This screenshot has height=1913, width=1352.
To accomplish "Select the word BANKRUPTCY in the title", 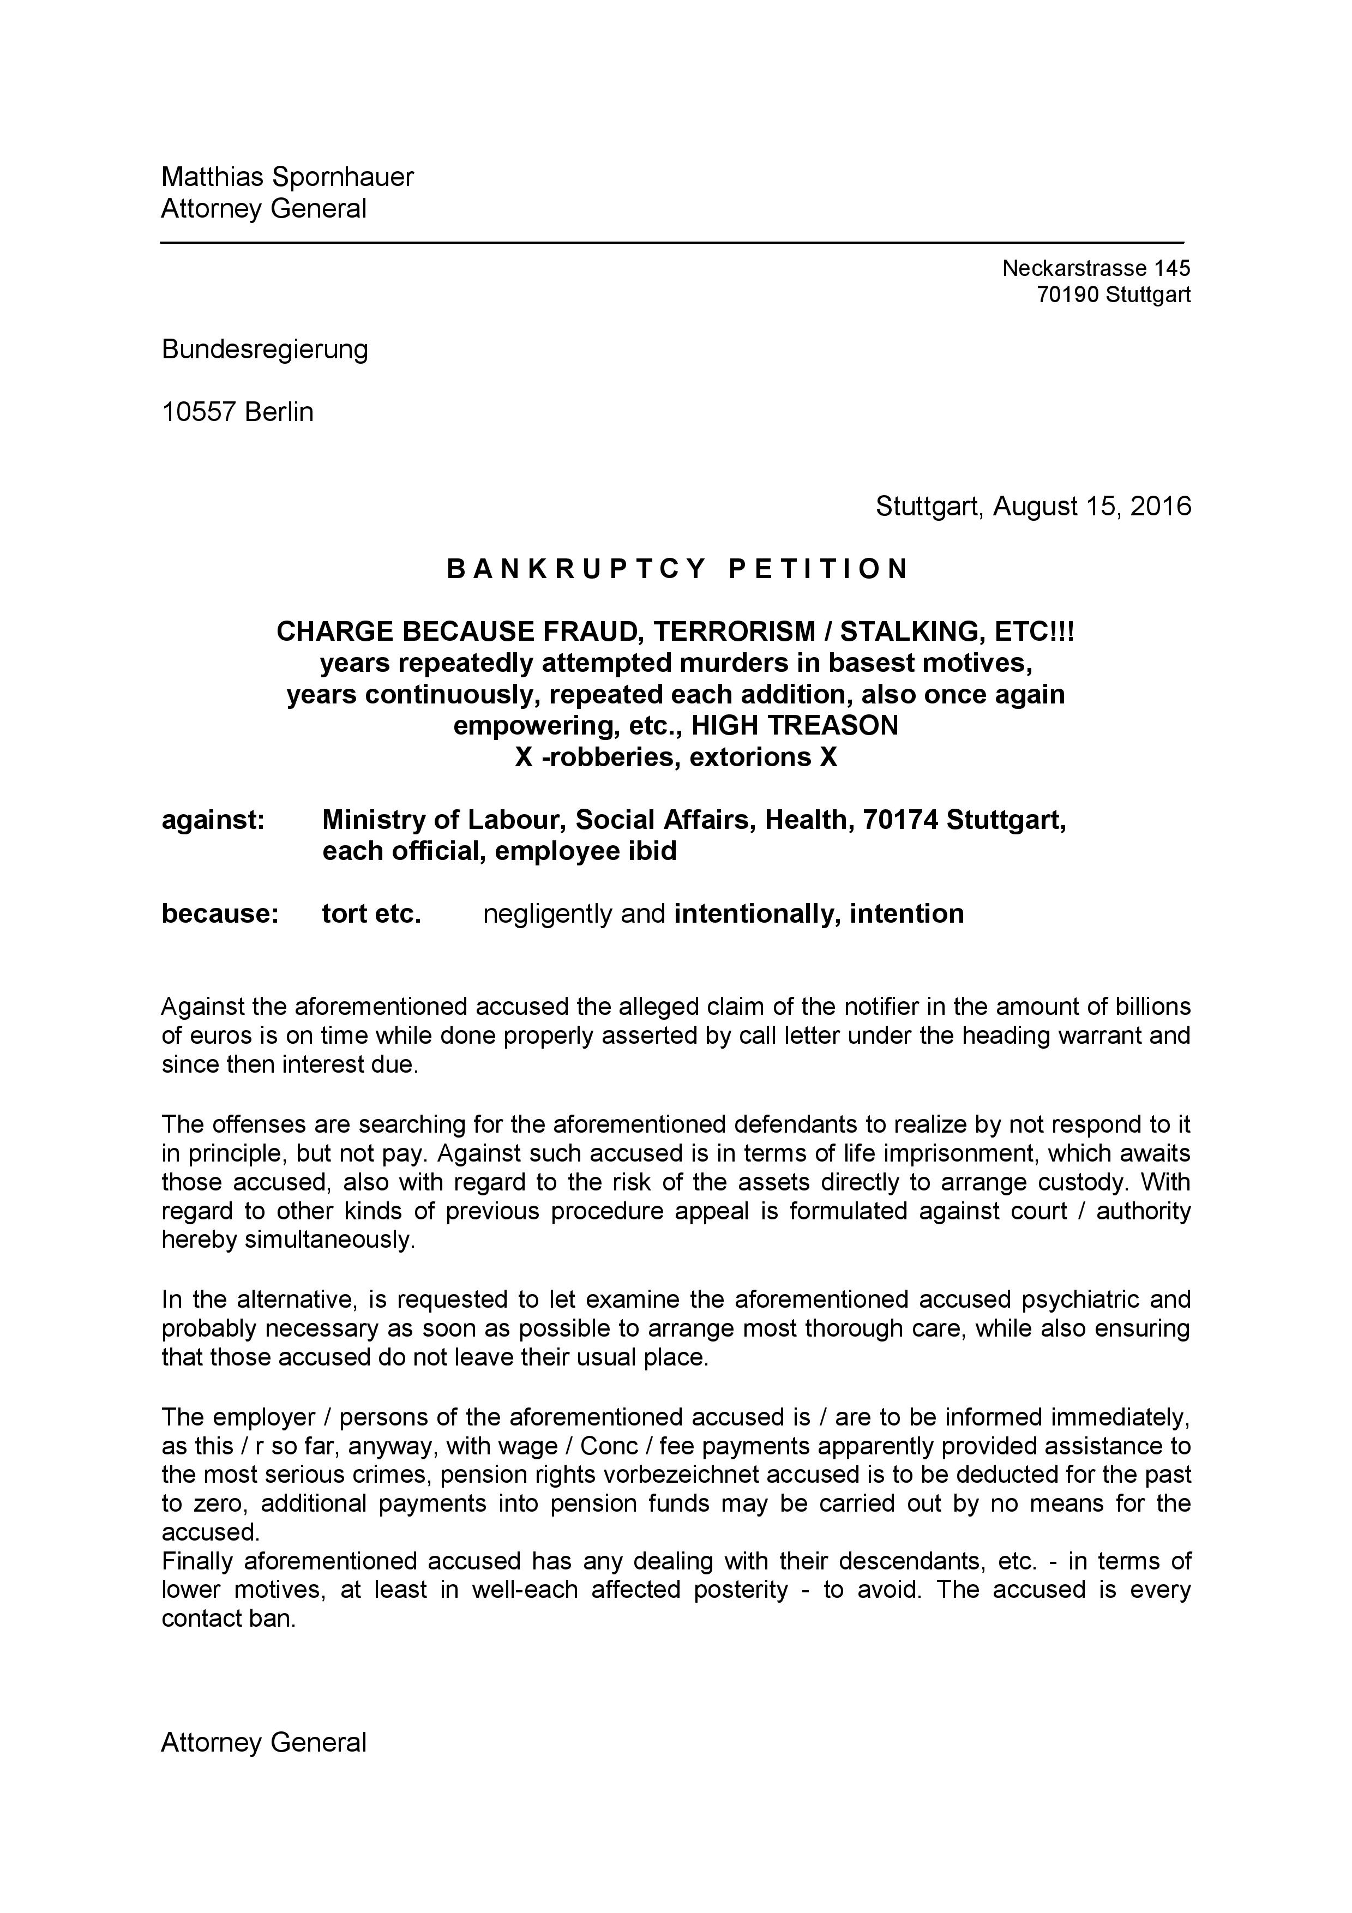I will [576, 569].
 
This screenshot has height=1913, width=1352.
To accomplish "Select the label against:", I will [212, 821].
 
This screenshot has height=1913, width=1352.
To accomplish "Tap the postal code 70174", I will [900, 821].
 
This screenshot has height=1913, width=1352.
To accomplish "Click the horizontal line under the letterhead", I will [671, 243].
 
